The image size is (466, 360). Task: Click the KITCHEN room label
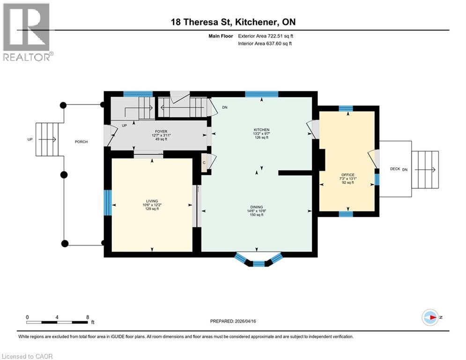[261, 129]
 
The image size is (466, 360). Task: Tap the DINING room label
[256, 207]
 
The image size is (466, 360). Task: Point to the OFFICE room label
[348, 175]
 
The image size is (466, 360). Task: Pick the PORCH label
[81, 142]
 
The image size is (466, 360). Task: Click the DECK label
[395, 169]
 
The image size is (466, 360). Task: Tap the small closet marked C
[204, 162]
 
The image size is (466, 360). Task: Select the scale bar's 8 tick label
[88, 317]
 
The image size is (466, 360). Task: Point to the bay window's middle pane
[259, 264]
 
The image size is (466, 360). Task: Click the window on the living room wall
[108, 202]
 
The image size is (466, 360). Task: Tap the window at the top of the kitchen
[261, 94]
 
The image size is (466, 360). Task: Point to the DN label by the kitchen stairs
[225, 107]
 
